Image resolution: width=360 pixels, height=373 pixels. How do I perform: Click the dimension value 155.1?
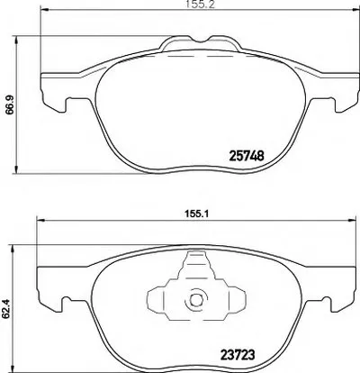[196, 214]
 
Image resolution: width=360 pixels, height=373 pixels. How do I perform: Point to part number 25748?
[247, 156]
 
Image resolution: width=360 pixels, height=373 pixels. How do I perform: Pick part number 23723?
[238, 355]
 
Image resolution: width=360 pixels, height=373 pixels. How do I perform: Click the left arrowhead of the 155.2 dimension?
[44, 11]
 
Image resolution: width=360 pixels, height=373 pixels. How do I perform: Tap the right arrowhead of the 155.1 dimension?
[352, 221]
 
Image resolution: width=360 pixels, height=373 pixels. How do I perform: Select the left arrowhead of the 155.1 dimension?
[40, 221]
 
